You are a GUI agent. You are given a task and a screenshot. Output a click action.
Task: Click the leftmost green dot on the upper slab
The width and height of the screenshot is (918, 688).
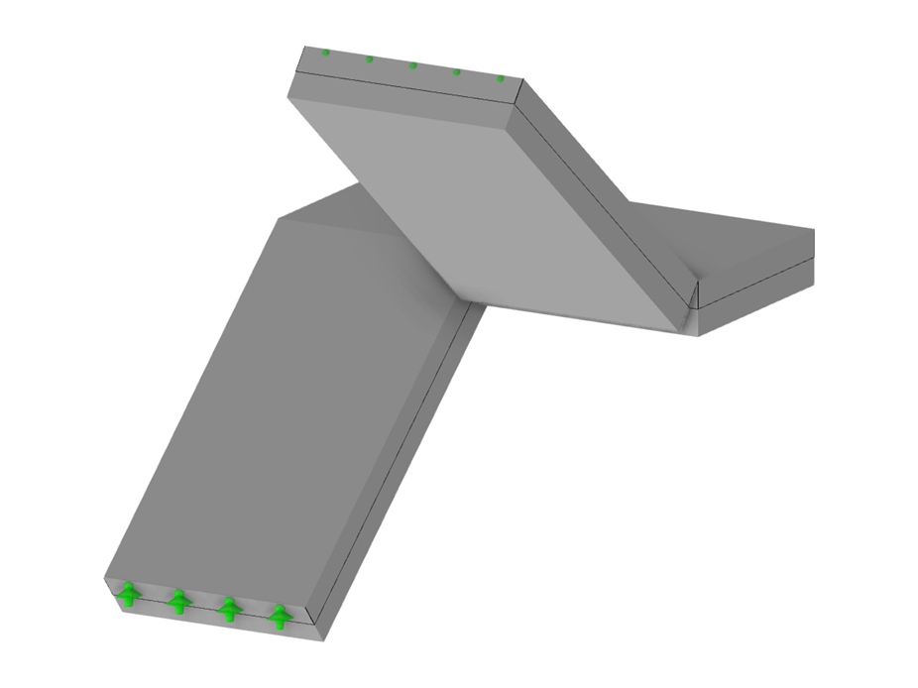coord(325,53)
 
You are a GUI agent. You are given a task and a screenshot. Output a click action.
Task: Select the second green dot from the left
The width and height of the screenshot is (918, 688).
coord(370,59)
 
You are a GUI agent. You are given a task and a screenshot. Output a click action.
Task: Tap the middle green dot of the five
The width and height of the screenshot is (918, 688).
coord(413,65)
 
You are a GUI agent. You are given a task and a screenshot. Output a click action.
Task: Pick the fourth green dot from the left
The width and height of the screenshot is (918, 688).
coord(457,71)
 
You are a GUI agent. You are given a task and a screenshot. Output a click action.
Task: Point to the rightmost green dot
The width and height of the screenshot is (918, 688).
coord(501,78)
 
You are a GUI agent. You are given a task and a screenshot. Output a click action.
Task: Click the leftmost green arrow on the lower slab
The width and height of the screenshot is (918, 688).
coord(128,596)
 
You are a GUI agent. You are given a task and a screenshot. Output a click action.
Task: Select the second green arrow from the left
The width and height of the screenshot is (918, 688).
coord(178,602)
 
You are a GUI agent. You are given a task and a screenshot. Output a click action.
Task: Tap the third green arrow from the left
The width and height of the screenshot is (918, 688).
coord(229,609)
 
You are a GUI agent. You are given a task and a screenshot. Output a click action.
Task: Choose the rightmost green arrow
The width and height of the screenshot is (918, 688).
coord(281,617)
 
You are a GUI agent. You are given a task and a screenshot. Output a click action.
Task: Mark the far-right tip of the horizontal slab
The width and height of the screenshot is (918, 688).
coord(814,230)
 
